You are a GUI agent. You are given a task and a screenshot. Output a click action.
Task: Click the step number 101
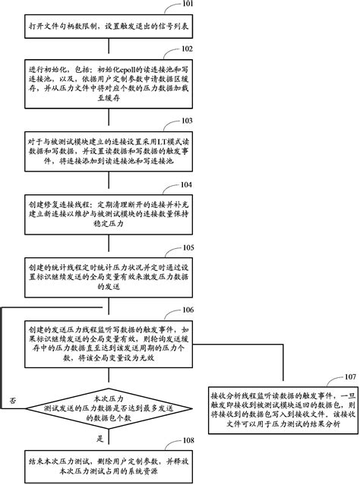pyautogui.click(x=188, y=5)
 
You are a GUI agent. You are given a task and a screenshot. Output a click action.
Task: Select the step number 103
pyautogui.click(x=188, y=120)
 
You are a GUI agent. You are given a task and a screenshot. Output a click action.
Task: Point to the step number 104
pyautogui.click(x=188, y=184)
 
